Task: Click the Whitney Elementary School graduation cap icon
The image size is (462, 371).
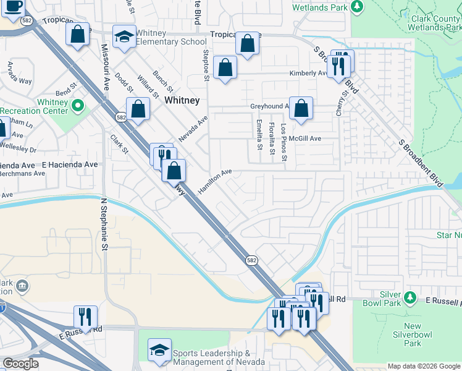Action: [124, 36]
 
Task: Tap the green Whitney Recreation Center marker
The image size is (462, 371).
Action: [77, 106]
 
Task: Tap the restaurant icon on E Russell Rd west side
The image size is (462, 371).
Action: [85, 317]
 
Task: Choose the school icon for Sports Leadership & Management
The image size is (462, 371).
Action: [159, 349]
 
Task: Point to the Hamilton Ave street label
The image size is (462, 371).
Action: [214, 181]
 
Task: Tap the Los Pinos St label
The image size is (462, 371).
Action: [283, 142]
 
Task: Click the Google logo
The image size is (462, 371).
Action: [20, 364]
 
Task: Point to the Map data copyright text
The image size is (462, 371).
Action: [423, 366]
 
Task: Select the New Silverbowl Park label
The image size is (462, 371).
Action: [412, 335]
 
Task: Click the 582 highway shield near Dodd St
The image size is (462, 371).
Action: [121, 116]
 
